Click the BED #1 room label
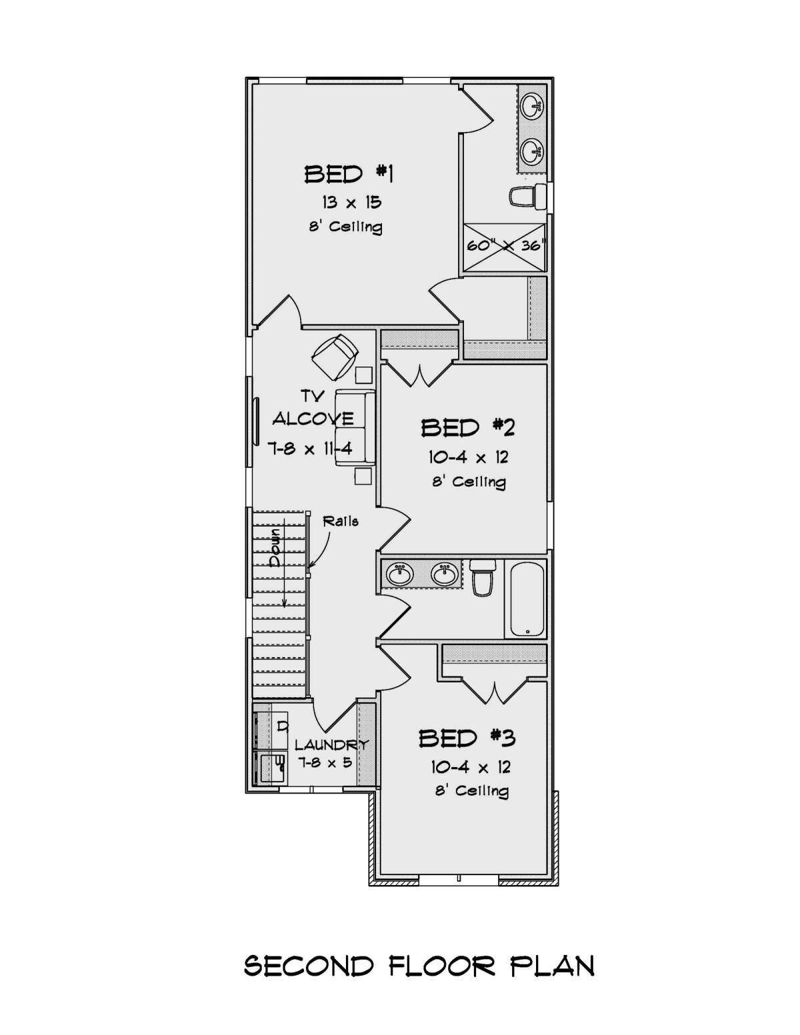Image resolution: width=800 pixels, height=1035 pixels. [x=349, y=174]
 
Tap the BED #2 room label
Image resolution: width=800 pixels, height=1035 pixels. [x=467, y=427]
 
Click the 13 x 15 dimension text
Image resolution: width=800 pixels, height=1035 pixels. [x=351, y=201]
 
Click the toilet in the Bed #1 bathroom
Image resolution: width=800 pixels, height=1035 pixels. [x=524, y=196]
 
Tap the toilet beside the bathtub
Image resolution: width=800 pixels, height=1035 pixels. [x=482, y=577]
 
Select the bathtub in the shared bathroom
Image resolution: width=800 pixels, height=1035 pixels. [x=527, y=598]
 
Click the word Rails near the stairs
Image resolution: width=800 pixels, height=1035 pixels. [x=341, y=521]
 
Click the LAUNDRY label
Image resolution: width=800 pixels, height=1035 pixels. [x=331, y=745]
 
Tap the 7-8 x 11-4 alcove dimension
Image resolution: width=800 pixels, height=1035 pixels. [x=310, y=449]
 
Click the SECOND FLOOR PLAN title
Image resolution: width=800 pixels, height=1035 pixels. [x=419, y=966]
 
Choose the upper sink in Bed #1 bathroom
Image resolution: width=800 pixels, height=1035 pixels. [x=533, y=105]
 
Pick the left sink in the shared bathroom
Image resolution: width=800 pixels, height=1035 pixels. [x=400, y=574]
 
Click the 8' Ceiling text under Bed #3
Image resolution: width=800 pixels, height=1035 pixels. [x=471, y=791]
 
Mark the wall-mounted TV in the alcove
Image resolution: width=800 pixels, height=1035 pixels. [x=256, y=421]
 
